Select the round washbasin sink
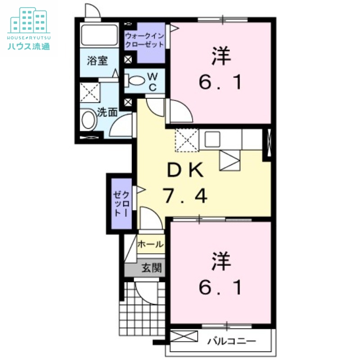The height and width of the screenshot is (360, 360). [89, 121]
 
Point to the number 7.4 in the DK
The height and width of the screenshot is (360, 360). [185, 195]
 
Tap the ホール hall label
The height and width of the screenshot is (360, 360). [150, 244]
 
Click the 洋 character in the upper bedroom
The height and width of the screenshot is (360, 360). [220, 56]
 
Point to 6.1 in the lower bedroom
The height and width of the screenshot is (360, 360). [220, 287]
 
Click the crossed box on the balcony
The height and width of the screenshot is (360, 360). [184, 336]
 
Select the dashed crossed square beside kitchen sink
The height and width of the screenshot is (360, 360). [186, 139]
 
